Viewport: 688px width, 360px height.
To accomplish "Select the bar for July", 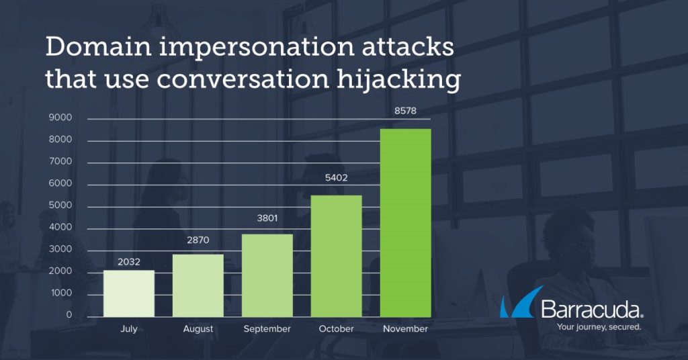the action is (x=129, y=294).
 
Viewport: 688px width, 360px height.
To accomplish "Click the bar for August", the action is (x=198, y=285).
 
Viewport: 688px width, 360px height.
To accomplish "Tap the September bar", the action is (x=267, y=275).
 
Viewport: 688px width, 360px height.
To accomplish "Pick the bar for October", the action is (x=336, y=256).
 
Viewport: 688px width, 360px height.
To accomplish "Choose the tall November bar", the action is (x=405, y=223).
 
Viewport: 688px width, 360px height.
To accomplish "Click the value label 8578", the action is (x=405, y=111).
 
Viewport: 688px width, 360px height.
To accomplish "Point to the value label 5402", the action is (x=336, y=177).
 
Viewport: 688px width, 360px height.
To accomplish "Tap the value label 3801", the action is (x=267, y=218).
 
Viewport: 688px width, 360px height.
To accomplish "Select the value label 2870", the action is (x=198, y=240).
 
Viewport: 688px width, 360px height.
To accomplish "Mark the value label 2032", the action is (x=129, y=262).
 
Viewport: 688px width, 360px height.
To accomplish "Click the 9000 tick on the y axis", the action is (x=60, y=118).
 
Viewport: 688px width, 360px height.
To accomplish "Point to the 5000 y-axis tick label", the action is (x=60, y=206).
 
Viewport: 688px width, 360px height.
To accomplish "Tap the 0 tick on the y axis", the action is (x=69, y=315).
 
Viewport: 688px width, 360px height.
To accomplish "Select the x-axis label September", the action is (x=267, y=329).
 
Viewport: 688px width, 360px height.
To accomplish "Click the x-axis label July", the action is (x=129, y=329).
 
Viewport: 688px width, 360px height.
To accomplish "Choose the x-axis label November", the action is (x=405, y=329).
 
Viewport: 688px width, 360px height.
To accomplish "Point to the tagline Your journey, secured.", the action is (x=599, y=327).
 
